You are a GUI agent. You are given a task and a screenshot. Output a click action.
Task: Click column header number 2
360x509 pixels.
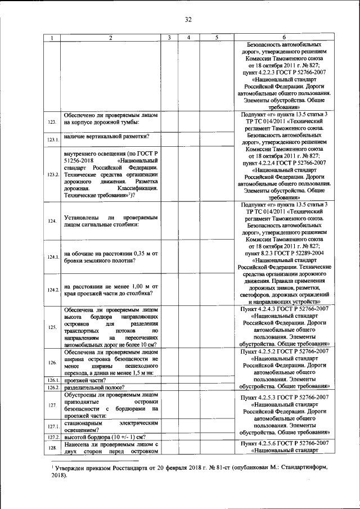(110, 38)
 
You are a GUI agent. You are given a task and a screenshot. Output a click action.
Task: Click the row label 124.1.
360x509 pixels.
(53, 257)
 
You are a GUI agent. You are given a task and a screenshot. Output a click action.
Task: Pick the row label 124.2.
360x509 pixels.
(53, 290)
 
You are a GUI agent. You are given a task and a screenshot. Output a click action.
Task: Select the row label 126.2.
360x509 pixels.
(53, 388)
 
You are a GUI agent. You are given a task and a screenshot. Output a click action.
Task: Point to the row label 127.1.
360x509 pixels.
(53, 427)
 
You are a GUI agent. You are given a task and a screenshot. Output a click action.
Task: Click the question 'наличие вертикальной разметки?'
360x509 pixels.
(102, 137)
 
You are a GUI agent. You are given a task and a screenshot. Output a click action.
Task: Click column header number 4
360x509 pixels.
(190, 38)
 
